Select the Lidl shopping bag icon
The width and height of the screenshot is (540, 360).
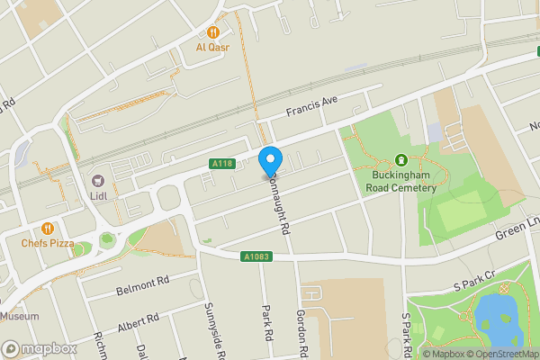pyautogui.click(x=98, y=180)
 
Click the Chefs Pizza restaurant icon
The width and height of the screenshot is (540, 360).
pyautogui.click(x=46, y=229)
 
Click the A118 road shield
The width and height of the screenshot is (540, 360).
pyautogui.click(x=222, y=164)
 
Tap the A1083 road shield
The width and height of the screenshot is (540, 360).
pyautogui.click(x=256, y=256)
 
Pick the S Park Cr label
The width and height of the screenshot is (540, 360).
pyautogui.click(x=474, y=280)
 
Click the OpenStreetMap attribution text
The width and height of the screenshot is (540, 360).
pyautogui.click(x=502, y=354)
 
